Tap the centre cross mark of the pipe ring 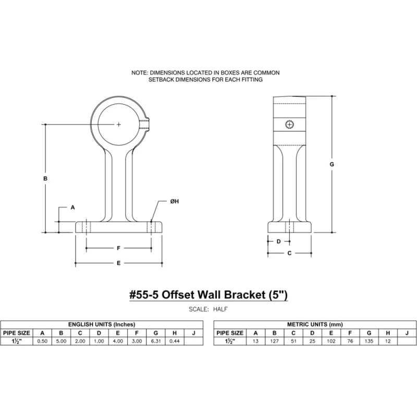119,124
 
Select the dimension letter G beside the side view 332,164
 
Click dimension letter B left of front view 46,178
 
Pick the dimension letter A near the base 72,207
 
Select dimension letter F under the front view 119,248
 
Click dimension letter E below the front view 119,263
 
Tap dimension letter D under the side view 279,241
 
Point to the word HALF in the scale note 219,309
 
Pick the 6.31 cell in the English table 155,341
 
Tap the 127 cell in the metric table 274,341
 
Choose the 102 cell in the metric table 331,341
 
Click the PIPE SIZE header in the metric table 230,333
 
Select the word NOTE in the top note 139,72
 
